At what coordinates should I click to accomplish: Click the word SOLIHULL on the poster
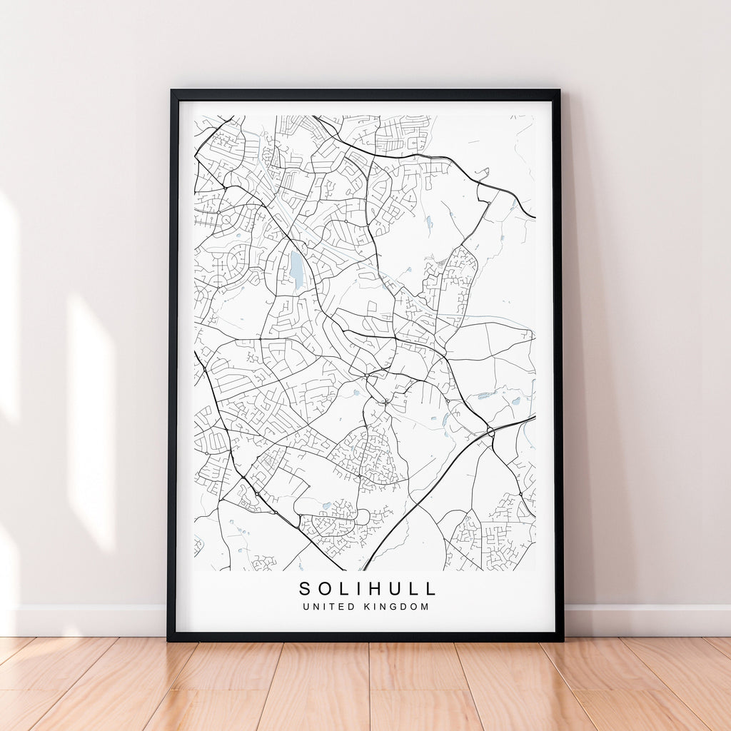pos(367,589)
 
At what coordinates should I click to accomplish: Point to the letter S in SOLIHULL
pos(305,589)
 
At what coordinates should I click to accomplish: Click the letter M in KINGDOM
pos(425,607)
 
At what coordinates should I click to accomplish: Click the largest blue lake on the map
pos(296,269)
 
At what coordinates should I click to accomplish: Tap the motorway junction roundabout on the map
pos(491,432)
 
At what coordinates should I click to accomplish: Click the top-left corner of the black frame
pos(172,91)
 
